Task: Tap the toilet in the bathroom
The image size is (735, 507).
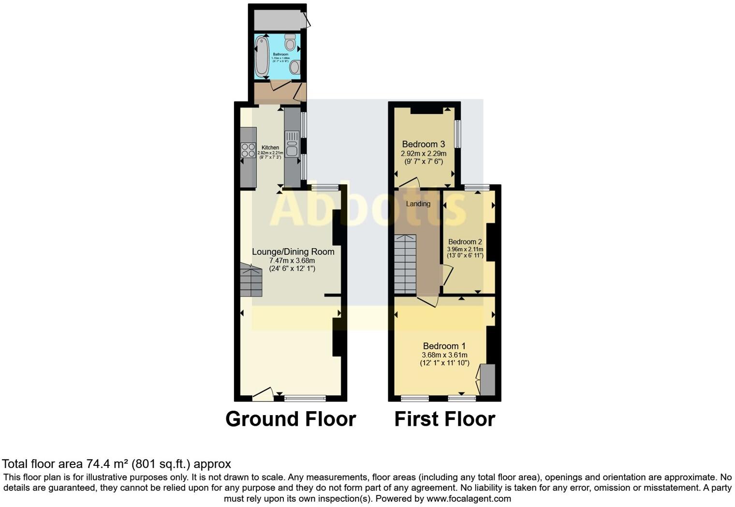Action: pos(290,43)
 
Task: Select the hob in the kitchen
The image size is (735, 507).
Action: pos(249,150)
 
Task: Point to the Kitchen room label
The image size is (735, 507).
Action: pos(270,148)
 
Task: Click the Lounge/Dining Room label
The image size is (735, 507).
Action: pos(293,252)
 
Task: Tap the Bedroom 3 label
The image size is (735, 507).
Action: pos(423,144)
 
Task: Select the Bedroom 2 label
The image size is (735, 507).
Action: pos(465,242)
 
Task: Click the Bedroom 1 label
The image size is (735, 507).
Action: pos(444,346)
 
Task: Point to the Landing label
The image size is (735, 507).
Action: pos(418,204)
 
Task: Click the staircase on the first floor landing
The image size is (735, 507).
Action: pos(405,264)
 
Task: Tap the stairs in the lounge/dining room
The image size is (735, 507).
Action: pos(251,281)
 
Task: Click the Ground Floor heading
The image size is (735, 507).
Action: pos(291,419)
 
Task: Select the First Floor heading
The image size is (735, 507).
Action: pos(444,419)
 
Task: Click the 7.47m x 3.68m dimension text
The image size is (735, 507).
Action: pos(292,261)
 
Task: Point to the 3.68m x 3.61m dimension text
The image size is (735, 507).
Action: pos(444,355)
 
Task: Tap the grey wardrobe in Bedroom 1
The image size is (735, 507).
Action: pos(487,380)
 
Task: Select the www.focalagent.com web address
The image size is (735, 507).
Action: pos(469,498)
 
